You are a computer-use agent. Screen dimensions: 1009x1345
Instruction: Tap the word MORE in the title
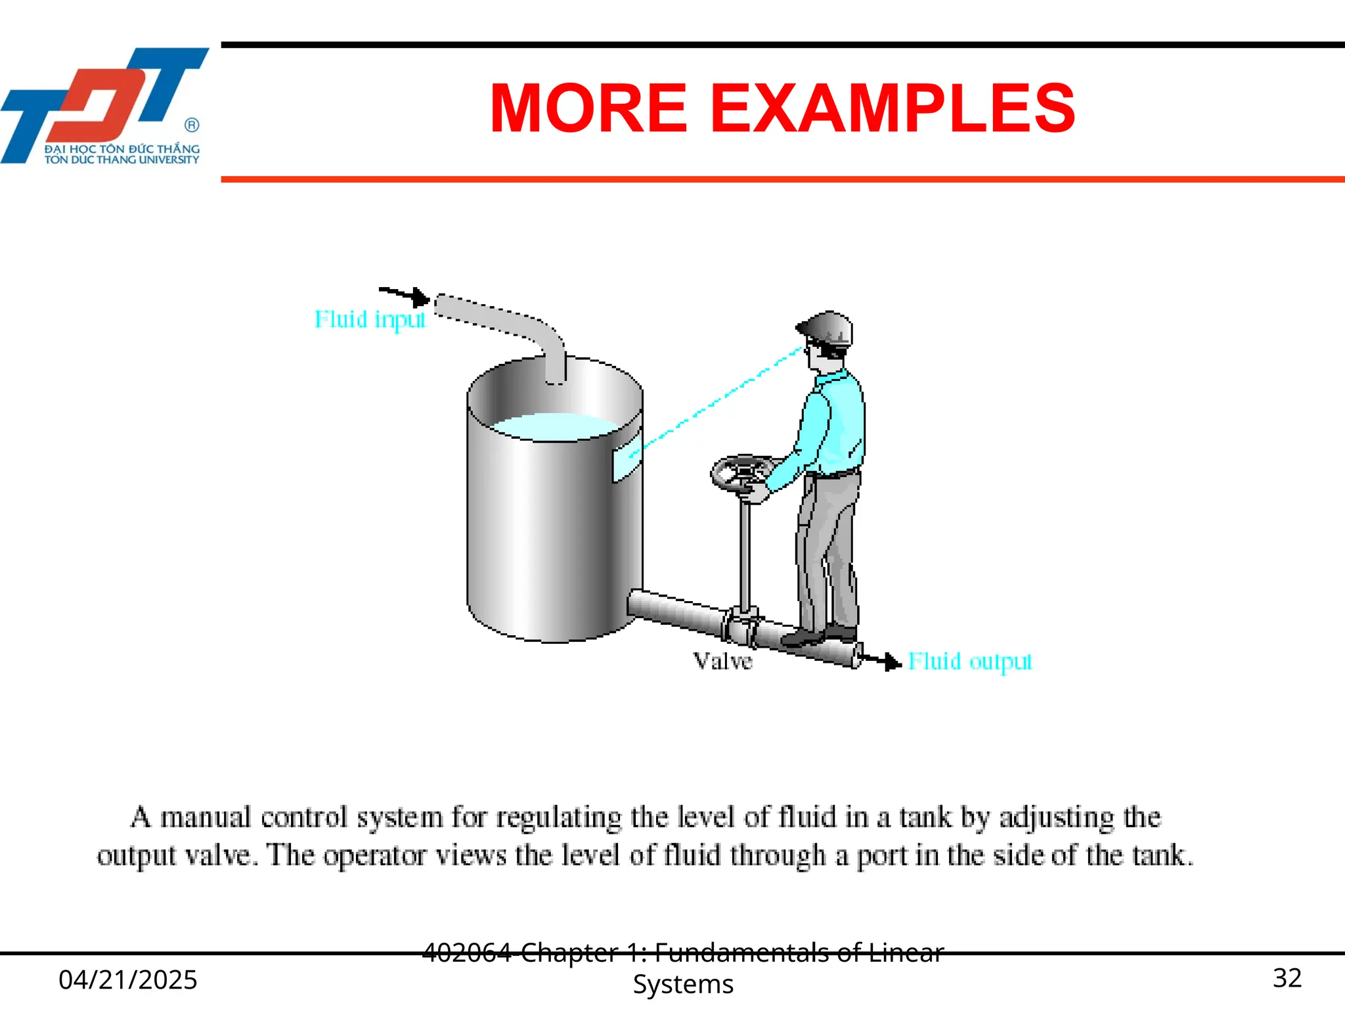tap(588, 108)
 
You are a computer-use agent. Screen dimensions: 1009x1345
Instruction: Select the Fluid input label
tap(370, 320)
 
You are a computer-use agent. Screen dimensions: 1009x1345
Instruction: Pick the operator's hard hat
tap(827, 328)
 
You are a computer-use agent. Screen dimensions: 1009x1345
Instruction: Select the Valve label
tap(722, 661)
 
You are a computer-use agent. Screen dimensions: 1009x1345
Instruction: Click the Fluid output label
tap(969, 661)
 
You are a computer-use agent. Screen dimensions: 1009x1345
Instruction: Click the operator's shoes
tap(818, 636)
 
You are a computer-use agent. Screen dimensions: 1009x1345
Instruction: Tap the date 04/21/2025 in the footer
tap(128, 979)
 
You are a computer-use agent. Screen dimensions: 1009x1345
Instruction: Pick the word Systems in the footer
tap(683, 985)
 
